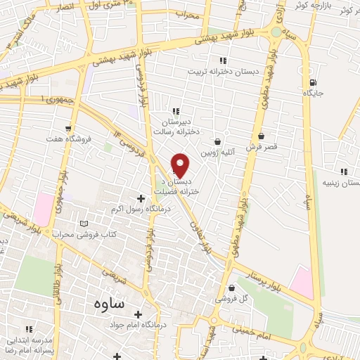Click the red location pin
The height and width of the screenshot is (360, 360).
(x=181, y=164)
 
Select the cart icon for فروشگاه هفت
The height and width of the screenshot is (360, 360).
(x=67, y=128)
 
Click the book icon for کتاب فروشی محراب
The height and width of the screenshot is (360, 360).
(x=84, y=223)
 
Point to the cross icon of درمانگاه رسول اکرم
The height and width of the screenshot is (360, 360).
(x=141, y=199)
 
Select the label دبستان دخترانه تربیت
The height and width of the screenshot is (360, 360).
(x=223, y=71)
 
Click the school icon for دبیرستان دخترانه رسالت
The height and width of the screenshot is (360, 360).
(x=176, y=111)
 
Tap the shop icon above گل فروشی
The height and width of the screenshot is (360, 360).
(x=232, y=287)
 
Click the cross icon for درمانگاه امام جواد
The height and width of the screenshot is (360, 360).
(x=138, y=314)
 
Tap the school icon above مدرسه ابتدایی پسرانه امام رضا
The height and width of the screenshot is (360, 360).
(x=30, y=328)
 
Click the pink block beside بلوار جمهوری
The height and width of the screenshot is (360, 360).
(x=43, y=210)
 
